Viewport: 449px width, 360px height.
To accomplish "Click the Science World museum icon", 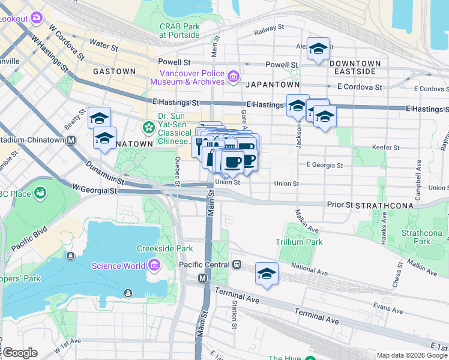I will click(154, 265).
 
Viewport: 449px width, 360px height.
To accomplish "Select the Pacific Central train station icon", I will click(237, 264).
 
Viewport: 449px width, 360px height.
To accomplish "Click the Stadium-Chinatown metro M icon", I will click(70, 140).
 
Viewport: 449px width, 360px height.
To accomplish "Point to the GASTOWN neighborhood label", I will click(114, 71).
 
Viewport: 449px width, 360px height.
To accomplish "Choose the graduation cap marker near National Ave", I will click(267, 274).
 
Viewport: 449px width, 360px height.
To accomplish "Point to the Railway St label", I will click(268, 29).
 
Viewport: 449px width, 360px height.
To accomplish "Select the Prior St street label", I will click(340, 205).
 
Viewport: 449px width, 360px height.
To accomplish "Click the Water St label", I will click(101, 43).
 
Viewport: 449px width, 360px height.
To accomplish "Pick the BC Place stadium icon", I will click(40, 193).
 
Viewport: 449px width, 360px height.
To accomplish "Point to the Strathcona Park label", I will click(421, 237).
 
